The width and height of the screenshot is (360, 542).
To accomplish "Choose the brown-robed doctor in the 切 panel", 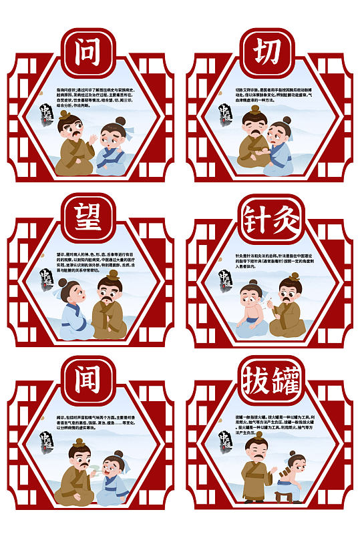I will tap(254, 140).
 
